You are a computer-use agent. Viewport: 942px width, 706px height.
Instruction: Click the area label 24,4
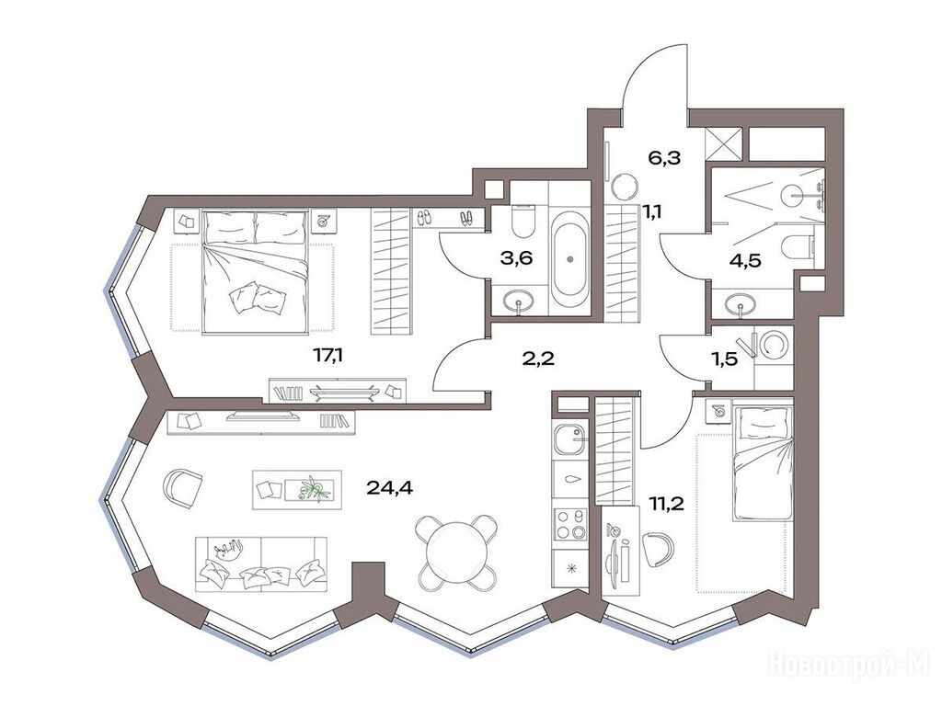[389, 487]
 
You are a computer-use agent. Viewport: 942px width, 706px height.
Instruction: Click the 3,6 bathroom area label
[517, 258]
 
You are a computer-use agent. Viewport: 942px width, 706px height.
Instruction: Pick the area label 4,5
[744, 261]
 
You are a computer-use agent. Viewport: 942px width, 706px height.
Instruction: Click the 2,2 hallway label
[538, 359]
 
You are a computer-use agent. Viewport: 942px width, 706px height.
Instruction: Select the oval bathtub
[569, 259]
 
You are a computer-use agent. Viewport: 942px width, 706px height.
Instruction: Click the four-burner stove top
[569, 525]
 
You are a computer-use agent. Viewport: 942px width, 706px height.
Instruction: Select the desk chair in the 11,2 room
[658, 549]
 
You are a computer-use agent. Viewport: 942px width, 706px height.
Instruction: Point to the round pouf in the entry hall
[625, 186]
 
